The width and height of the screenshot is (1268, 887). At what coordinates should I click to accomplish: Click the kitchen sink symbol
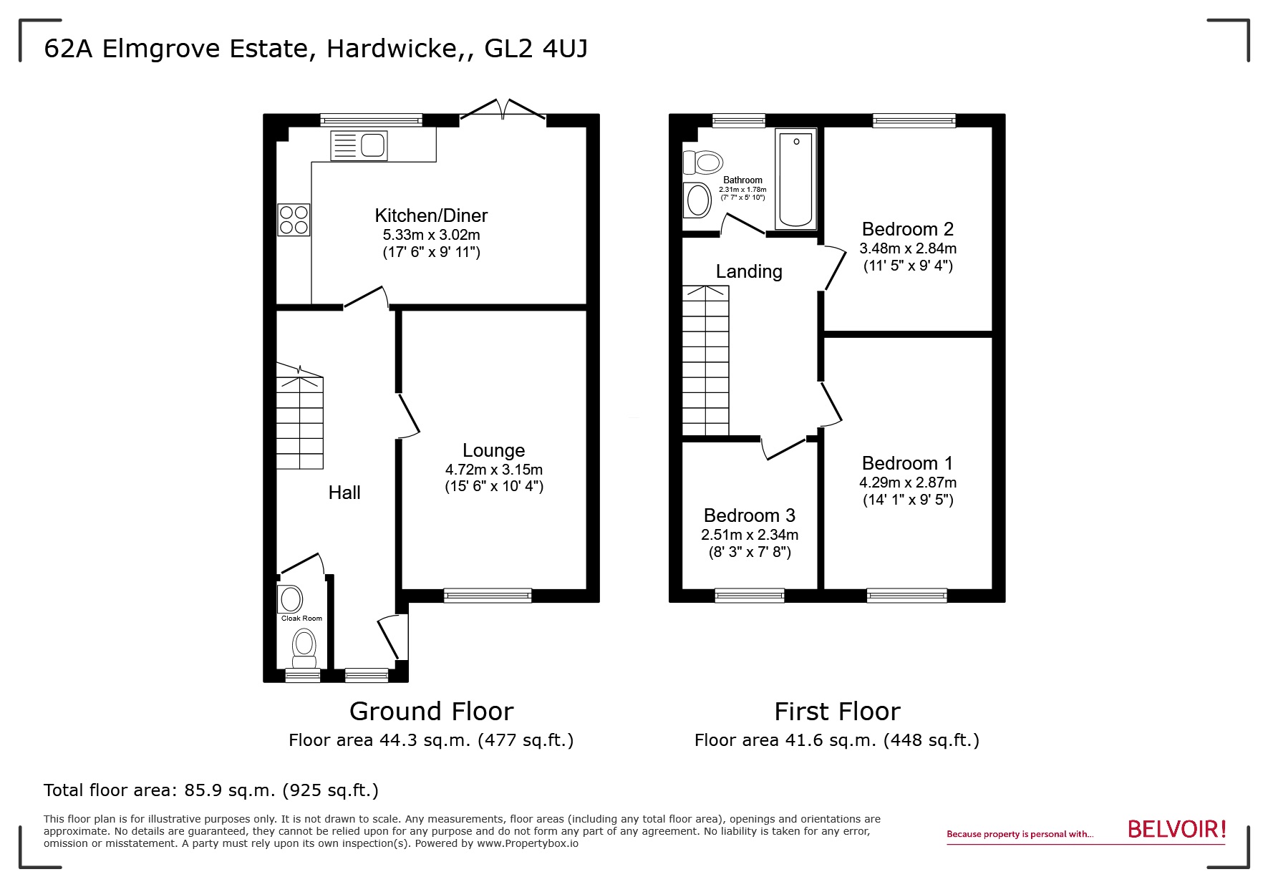(x=359, y=145)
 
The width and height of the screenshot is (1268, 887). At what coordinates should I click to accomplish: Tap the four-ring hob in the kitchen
(x=294, y=220)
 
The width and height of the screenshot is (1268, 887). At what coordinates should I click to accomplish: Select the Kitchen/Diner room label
(x=431, y=215)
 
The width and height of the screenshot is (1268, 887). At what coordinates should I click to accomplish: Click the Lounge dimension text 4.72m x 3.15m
(x=493, y=470)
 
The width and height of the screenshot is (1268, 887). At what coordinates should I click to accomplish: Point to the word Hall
(x=344, y=493)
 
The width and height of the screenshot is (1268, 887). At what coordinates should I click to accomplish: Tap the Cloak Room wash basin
(x=291, y=598)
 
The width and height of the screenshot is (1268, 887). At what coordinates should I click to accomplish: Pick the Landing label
(x=749, y=271)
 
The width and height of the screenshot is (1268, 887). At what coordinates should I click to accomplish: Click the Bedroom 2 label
(x=907, y=229)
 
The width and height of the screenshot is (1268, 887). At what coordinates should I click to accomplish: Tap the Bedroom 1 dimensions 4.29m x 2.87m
(x=907, y=483)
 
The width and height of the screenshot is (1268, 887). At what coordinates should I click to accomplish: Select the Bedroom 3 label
(x=749, y=515)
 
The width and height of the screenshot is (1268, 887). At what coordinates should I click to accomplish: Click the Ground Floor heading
(x=431, y=712)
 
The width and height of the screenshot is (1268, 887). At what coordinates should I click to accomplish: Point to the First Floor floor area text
(x=836, y=740)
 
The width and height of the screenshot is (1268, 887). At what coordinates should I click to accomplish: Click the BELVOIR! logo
(x=1176, y=830)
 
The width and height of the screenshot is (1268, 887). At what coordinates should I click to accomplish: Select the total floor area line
(x=210, y=790)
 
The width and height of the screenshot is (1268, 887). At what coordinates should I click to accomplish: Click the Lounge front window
(x=488, y=595)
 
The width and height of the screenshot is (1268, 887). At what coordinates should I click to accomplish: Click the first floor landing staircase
(x=706, y=360)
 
